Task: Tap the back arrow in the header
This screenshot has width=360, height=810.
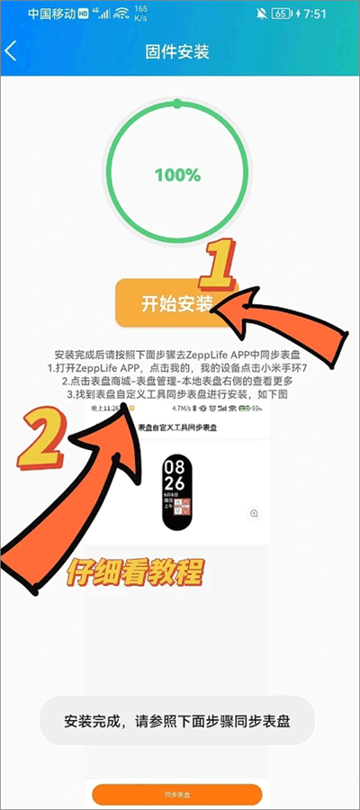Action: pyautogui.click(x=12, y=51)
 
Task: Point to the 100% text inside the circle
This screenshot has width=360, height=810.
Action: pyautogui.click(x=177, y=175)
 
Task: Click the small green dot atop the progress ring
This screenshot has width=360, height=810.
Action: pyautogui.click(x=177, y=103)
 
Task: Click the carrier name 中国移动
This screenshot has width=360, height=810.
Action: pyautogui.click(x=51, y=14)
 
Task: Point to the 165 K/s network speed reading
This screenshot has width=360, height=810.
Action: pyautogui.click(x=140, y=13)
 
